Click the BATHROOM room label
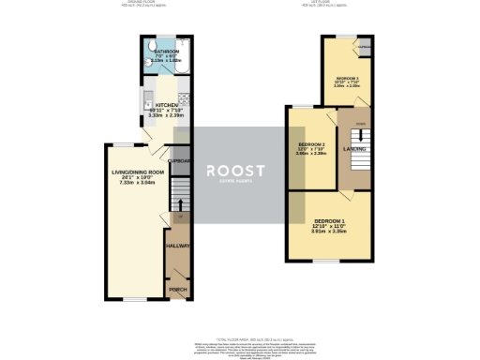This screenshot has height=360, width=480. point(166,53)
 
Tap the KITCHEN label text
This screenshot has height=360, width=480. point(167,106)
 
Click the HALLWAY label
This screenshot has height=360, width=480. point(177,246)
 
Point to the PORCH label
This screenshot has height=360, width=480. point(176,290)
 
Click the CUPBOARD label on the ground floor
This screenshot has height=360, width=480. point(178,161)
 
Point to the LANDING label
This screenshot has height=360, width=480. point(354,149)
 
